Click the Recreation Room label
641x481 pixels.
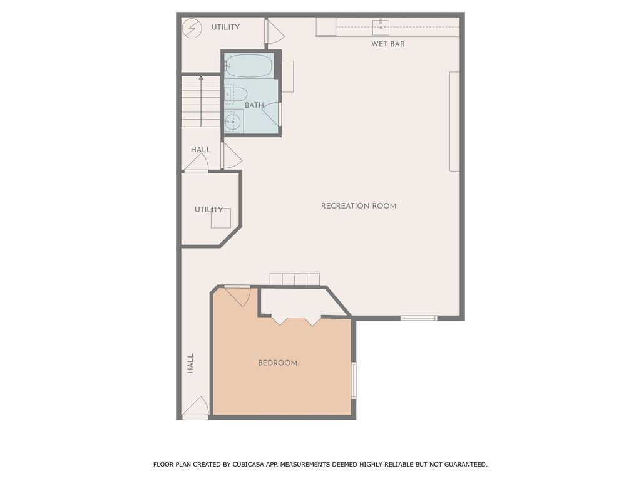click(358, 206)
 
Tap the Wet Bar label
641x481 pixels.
click(387, 44)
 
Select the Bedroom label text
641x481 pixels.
click(277, 363)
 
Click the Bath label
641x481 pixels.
click(254, 105)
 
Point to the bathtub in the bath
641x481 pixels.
click(249, 65)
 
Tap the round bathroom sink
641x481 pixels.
click(233, 121)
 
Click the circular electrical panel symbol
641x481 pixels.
click(192, 28)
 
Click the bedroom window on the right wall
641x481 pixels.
click(354, 380)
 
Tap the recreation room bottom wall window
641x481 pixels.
click(419, 318)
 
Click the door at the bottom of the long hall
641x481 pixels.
click(196, 408)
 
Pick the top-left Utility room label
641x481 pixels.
click(225, 27)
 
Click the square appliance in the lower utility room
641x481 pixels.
click(220, 218)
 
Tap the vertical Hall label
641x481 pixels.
click(190, 364)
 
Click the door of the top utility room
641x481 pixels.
click(273, 33)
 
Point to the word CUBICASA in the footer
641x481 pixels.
click(239, 465)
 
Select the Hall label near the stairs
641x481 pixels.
click(200, 150)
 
